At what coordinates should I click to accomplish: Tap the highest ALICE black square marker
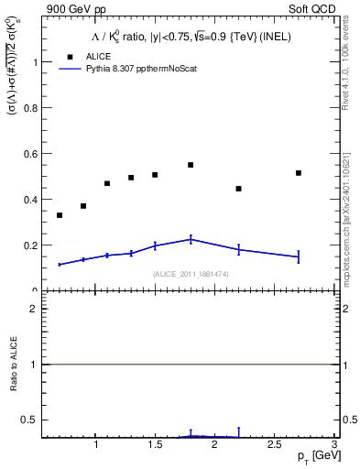click(x=191, y=165)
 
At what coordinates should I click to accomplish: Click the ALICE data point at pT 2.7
click(x=299, y=173)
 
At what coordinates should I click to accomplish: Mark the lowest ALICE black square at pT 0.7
click(x=60, y=215)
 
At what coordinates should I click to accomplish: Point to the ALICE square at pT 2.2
click(x=238, y=189)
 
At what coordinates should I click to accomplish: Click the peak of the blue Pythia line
click(x=191, y=239)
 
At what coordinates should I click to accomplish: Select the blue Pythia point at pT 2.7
click(x=299, y=257)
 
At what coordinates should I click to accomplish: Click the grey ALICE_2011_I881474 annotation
click(x=190, y=274)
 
